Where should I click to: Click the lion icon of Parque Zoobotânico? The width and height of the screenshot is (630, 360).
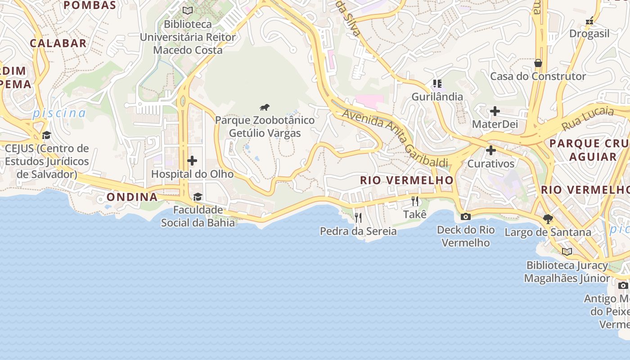[265, 107]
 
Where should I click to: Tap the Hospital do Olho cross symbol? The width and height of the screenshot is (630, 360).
[192, 161]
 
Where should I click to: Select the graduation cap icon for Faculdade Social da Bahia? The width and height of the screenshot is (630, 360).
[198, 197]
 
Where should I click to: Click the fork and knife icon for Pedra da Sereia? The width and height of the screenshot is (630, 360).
[358, 218]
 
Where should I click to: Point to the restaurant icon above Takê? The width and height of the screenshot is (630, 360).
[415, 201]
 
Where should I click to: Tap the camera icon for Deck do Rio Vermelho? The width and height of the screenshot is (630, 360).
[466, 216]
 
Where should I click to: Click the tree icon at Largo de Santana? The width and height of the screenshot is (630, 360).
[548, 219]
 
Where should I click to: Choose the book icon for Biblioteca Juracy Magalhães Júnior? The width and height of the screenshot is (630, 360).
[567, 252]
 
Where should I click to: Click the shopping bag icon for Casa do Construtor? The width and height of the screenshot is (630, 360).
[538, 63]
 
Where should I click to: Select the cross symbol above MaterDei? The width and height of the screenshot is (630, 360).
[495, 111]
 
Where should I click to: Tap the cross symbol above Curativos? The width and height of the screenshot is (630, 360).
[491, 150]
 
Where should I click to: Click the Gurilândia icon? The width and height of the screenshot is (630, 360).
[437, 83]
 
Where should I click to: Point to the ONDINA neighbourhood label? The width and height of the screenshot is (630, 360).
[132, 197]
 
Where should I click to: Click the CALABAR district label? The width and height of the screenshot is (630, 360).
[58, 43]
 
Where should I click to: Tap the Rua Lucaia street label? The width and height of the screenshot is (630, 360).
[587, 118]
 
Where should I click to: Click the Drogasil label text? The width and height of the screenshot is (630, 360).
[589, 34]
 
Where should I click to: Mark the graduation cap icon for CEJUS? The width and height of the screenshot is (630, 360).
[46, 135]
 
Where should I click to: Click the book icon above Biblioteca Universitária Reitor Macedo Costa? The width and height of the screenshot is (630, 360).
[188, 10]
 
